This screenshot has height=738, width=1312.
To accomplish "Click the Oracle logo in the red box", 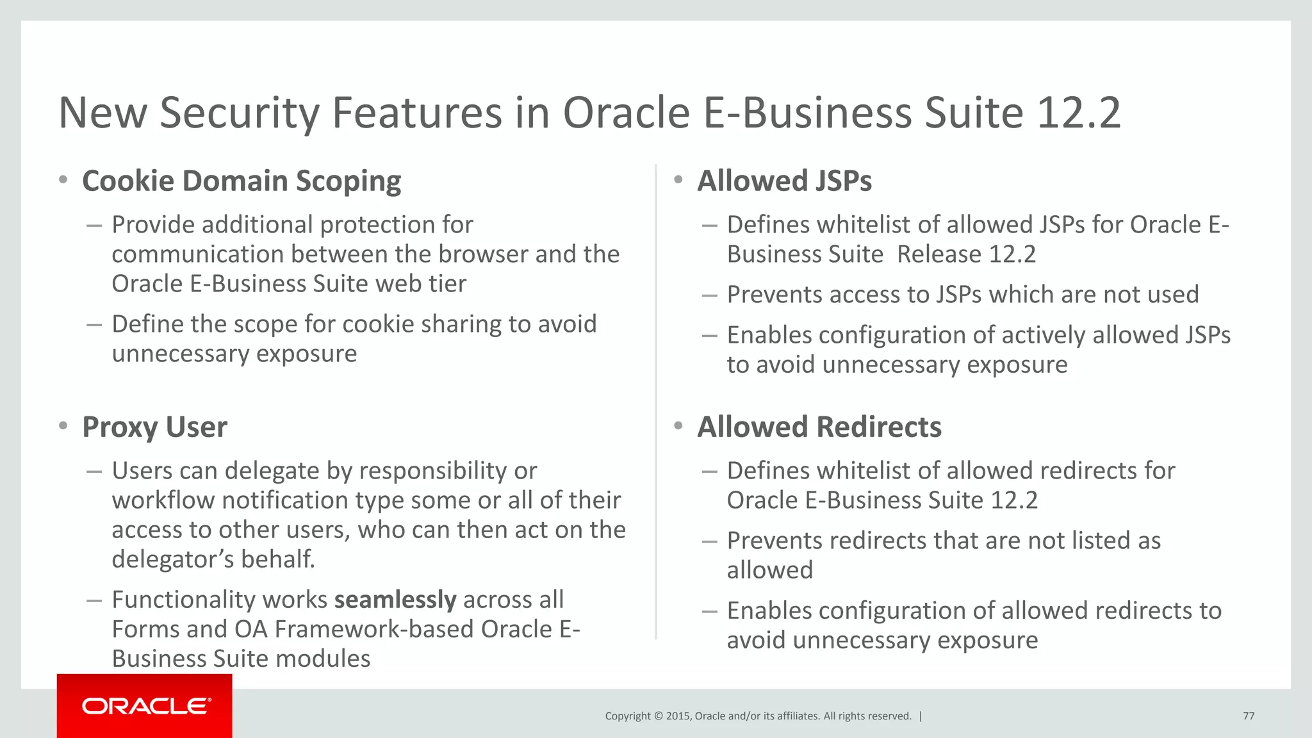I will (146, 706).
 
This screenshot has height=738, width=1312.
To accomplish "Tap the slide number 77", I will (1249, 716).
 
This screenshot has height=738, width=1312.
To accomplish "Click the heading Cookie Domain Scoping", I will (242, 181).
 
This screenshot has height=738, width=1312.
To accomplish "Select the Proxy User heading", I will (154, 427).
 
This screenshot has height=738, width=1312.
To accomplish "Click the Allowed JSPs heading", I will (784, 181).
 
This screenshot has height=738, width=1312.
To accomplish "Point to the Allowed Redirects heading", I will (819, 427).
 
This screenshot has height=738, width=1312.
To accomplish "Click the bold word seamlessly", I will (395, 600).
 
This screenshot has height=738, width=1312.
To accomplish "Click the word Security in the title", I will (239, 113).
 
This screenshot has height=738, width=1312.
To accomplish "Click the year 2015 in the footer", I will (678, 716).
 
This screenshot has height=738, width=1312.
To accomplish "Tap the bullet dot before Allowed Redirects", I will (678, 426).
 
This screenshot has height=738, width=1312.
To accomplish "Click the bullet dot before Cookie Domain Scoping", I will (63, 180).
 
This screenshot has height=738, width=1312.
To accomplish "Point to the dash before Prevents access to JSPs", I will (709, 295).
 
